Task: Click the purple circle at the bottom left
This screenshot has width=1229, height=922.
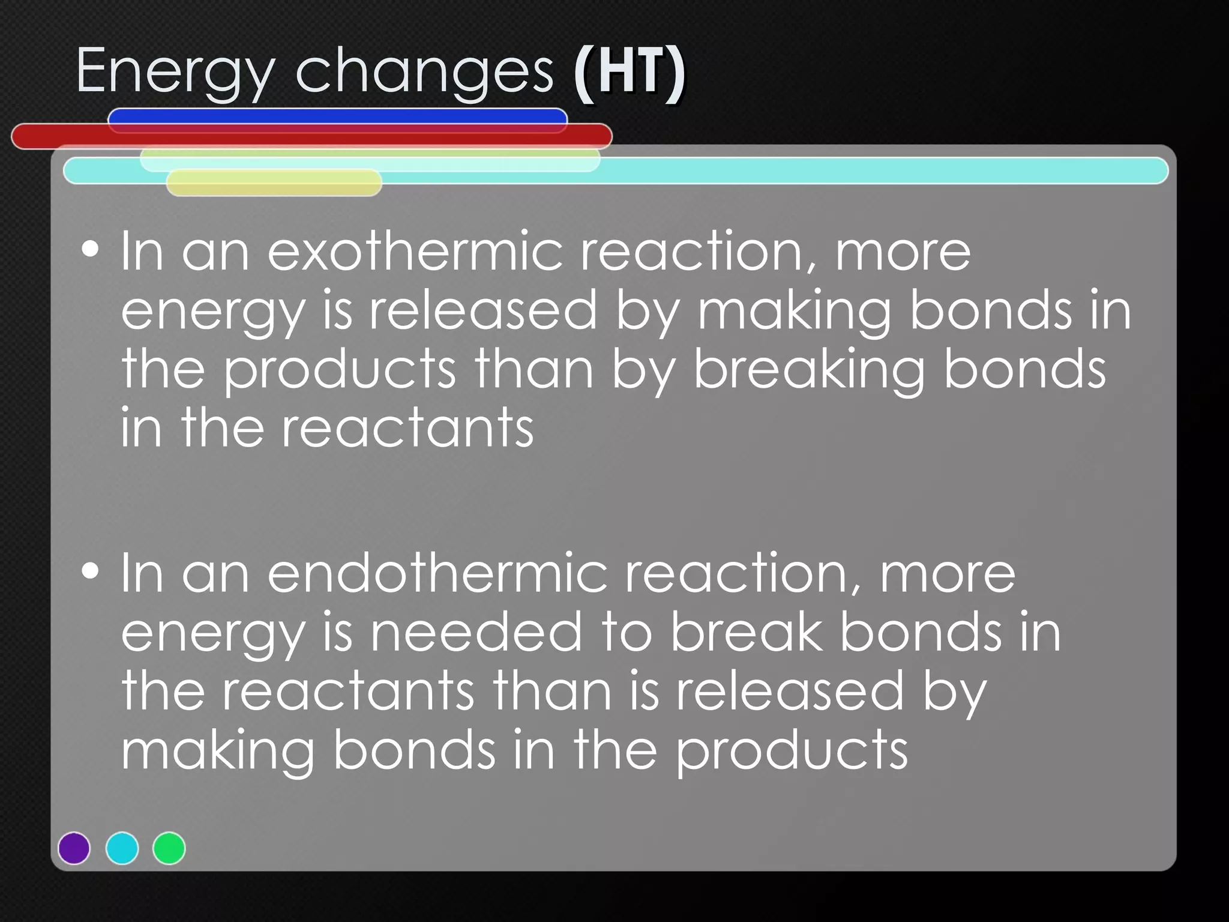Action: (x=74, y=848)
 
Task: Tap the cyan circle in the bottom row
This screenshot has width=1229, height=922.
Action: (x=122, y=848)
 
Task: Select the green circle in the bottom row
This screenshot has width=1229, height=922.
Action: (x=169, y=848)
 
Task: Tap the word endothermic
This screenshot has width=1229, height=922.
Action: (x=437, y=573)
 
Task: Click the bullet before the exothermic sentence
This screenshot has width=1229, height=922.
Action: (x=90, y=249)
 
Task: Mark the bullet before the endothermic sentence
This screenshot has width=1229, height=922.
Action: (x=90, y=571)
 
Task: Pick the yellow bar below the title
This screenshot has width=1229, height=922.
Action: (x=274, y=183)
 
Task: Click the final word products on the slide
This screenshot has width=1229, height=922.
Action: (x=792, y=752)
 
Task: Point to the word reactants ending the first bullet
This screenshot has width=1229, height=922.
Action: (x=407, y=428)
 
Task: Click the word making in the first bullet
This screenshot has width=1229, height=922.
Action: (x=794, y=312)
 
